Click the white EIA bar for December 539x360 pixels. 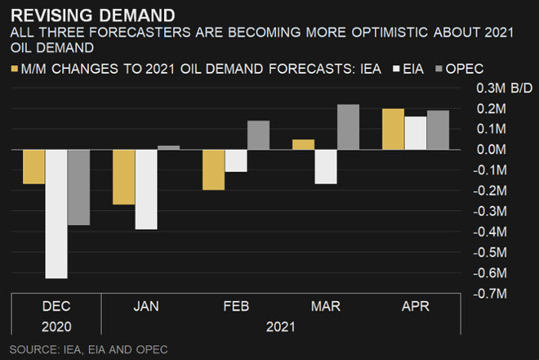tap(56, 214)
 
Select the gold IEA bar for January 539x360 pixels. tap(124, 177)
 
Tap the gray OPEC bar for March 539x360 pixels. tap(348, 127)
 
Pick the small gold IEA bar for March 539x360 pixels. tap(303, 144)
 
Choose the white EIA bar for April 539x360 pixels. tap(415, 133)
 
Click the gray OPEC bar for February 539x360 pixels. tap(258, 135)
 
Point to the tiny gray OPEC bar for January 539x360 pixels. tap(168, 147)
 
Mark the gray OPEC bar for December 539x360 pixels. tap(79, 187)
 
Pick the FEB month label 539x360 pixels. tap(236, 307)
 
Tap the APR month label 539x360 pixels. tap(415, 307)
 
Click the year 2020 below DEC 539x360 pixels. tap(56, 326)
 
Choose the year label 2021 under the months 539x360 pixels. tap(281, 326)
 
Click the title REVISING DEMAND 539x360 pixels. tap(93, 14)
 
